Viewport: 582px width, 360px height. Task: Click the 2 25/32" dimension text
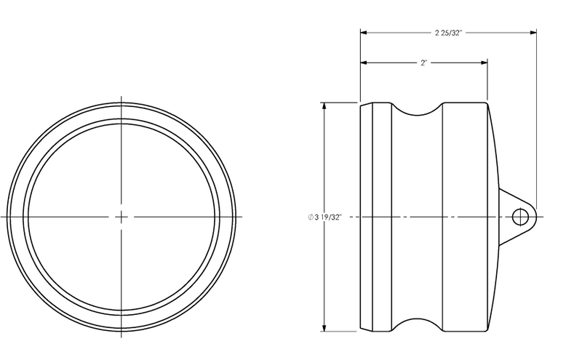click(x=448, y=33)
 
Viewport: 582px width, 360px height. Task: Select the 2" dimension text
click(x=424, y=63)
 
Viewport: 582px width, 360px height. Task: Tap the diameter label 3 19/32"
click(x=324, y=217)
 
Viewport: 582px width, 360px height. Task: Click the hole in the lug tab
click(x=520, y=217)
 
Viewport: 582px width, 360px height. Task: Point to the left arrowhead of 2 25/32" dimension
click(x=364, y=33)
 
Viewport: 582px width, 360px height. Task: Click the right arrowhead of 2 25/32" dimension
click(x=533, y=33)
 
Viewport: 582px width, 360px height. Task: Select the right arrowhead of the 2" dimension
click(x=484, y=63)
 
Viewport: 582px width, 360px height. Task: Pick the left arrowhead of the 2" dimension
click(x=364, y=63)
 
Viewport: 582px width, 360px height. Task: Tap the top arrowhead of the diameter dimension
click(x=324, y=105)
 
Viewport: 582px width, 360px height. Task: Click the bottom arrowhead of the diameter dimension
click(x=324, y=328)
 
